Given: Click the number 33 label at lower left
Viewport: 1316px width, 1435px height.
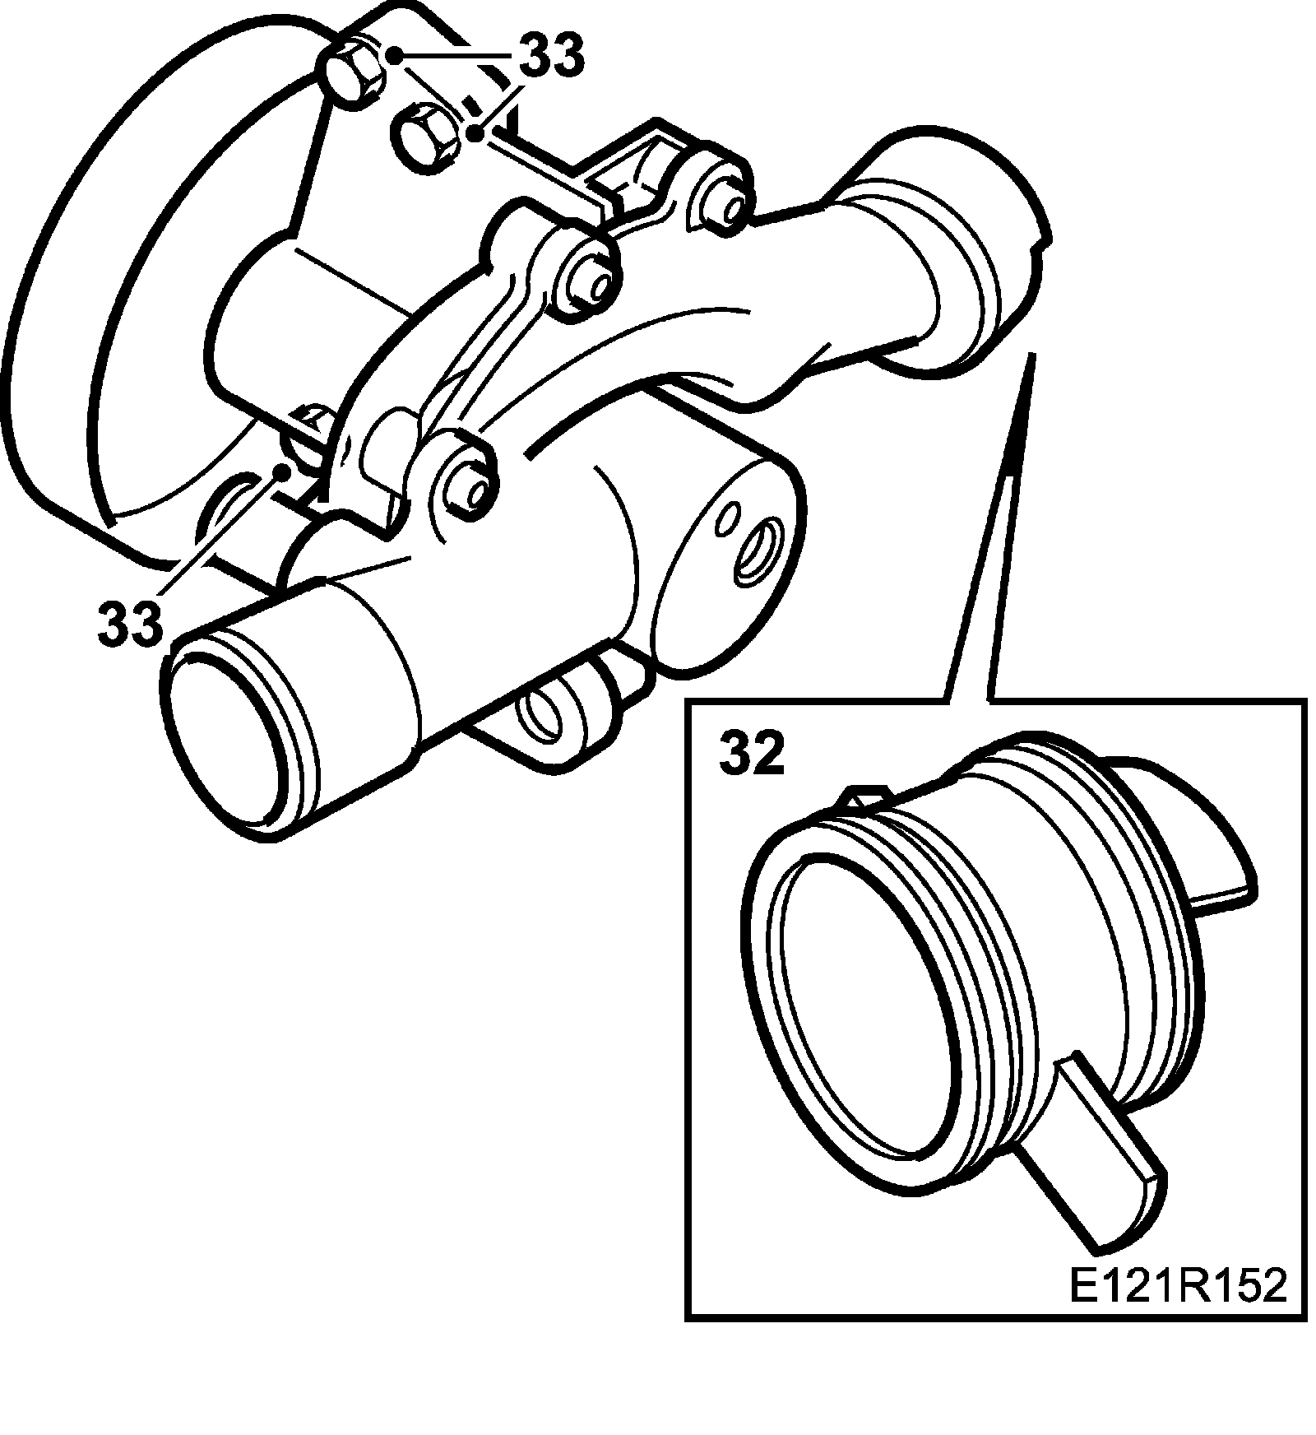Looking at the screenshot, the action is pos(130,623).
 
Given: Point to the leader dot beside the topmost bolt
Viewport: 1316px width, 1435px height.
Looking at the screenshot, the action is pos(395,56).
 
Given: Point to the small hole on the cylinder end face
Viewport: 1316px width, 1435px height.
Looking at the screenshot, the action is pos(727,518).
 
